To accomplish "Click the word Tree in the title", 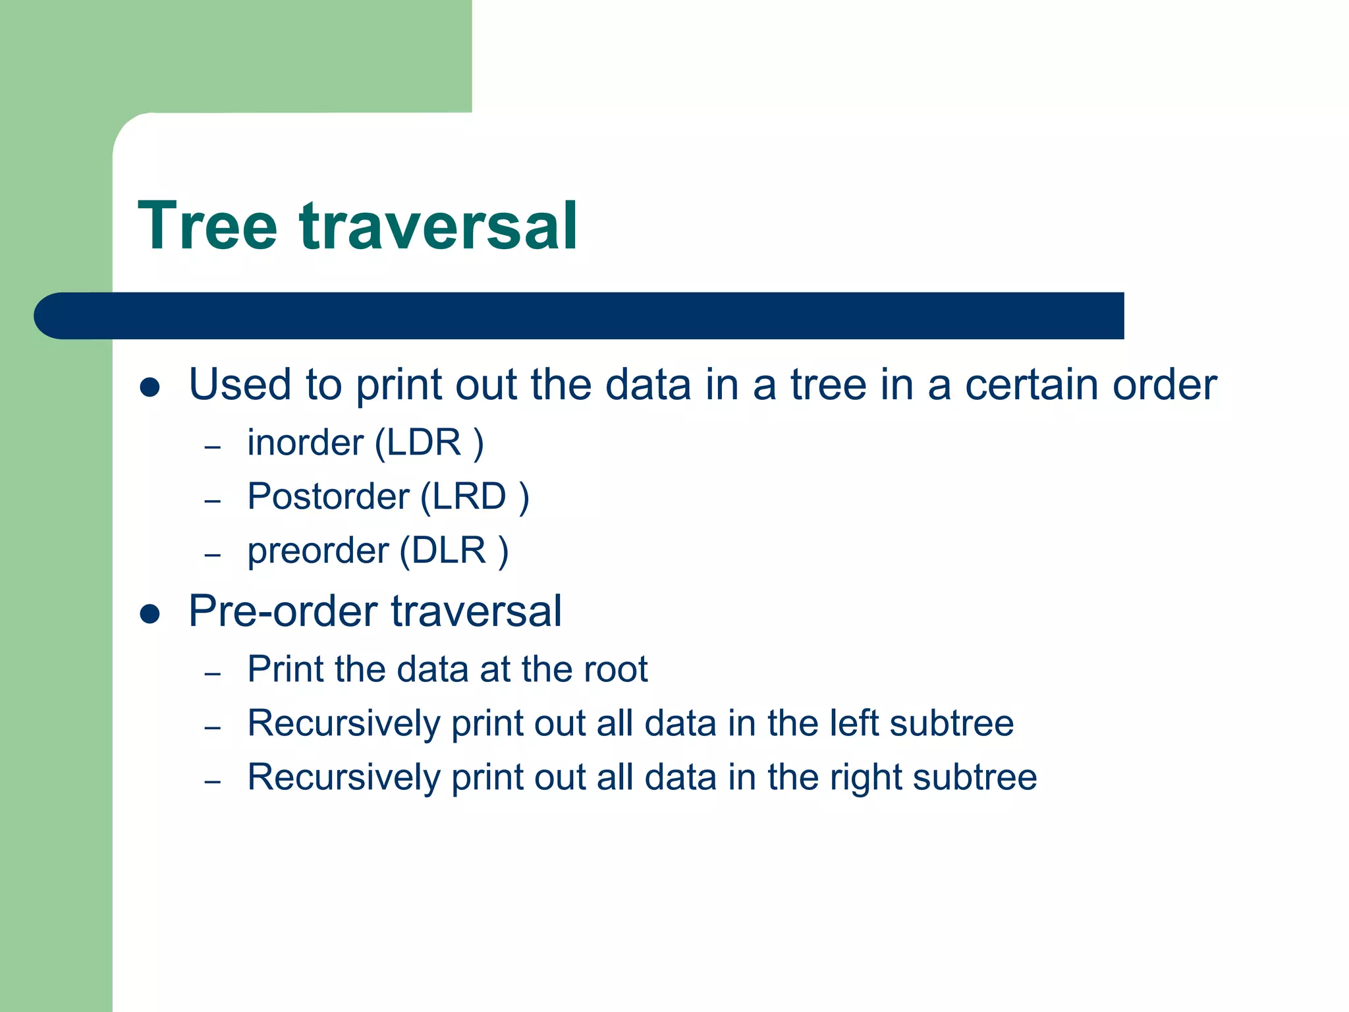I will point(207,226).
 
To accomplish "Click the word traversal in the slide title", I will point(439,226).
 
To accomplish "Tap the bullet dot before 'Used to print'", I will point(150,387).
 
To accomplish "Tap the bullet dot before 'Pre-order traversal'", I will point(150,613).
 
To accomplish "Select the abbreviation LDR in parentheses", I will point(424,442).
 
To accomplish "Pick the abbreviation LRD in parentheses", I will point(469,496).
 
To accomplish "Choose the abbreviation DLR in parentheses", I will point(449,550).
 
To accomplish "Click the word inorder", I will point(305,442).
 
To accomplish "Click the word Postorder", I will point(328,496).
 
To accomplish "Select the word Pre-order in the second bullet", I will point(283,611).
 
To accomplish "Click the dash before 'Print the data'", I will point(212,674).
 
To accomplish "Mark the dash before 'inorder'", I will point(212,447).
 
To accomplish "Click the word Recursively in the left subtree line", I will point(343,724).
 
